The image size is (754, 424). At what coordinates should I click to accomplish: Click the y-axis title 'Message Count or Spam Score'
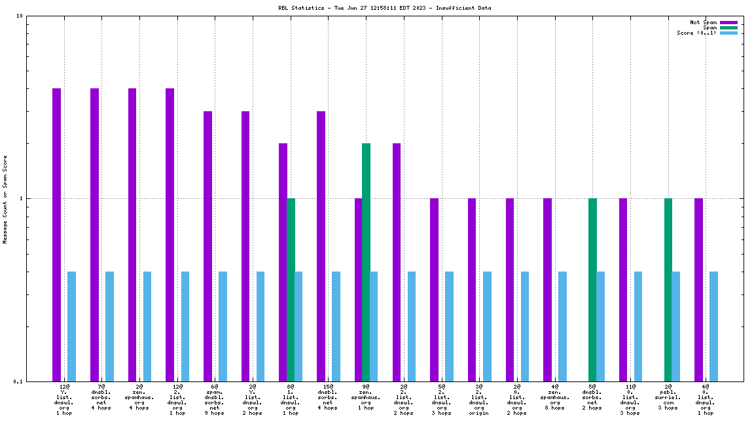point(5,199)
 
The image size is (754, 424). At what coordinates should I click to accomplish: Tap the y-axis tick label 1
point(22,199)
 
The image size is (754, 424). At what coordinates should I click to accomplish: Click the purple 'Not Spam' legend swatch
point(728,22)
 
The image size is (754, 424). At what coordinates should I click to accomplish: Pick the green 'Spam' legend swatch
point(728,27)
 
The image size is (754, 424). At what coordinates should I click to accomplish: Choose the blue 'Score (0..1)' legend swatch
point(728,33)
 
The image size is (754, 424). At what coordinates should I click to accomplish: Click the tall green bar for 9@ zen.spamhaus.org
point(366,262)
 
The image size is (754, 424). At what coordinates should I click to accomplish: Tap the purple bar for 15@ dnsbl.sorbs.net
point(321,246)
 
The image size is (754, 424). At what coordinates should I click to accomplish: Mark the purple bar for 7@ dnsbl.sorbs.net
point(94,234)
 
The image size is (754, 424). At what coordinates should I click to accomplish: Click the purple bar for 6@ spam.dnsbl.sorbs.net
point(207,246)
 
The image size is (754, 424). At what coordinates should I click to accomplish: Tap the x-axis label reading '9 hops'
point(215,413)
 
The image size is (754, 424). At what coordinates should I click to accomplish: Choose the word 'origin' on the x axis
point(479,413)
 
